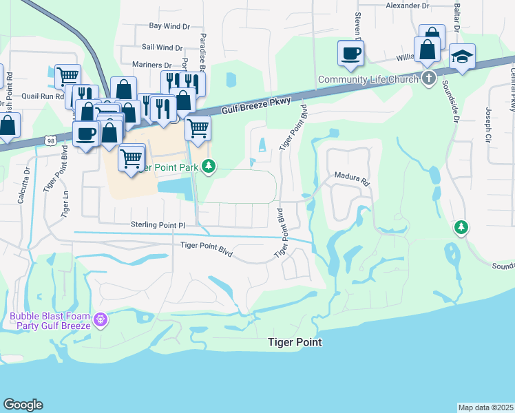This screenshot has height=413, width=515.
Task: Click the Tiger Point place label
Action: [294, 342]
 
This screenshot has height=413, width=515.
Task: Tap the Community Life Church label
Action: [368, 79]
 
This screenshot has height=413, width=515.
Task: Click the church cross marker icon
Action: [428, 77]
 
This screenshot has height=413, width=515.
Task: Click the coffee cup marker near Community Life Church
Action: [350, 52]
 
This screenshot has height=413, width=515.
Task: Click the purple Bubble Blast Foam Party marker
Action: [101, 319]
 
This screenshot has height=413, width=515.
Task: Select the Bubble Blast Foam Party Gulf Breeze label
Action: [50, 321]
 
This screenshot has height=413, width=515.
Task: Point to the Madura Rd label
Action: [353, 179]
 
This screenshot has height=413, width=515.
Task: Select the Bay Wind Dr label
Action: [169, 26]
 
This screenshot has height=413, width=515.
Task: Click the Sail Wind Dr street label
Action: [162, 47]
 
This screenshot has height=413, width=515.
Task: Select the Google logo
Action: [23, 405]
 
